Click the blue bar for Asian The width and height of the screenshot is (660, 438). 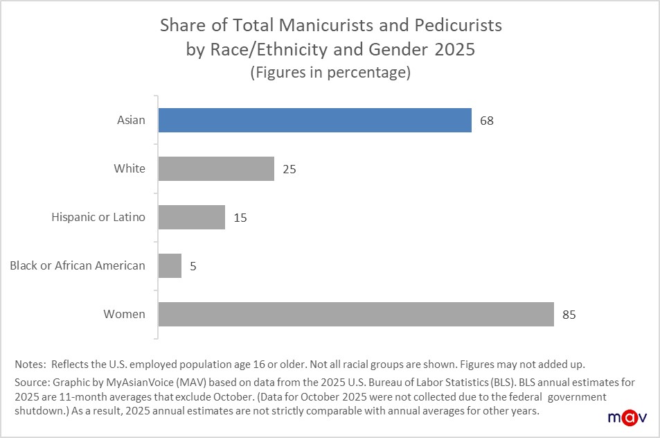pos(314,120)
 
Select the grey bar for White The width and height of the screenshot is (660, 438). pos(216,168)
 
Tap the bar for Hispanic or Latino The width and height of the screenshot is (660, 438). pos(191,217)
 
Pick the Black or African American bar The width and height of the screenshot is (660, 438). pos(170,265)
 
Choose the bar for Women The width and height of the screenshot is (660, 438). pos(356,314)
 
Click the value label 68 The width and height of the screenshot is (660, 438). pos(486,121)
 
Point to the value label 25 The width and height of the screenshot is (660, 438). pos(289,169)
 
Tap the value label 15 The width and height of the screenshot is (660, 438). pos(240,218)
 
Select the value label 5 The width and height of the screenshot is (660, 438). pos(193,266)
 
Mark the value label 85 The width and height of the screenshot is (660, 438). pos(569,315)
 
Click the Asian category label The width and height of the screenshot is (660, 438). pos(131,120)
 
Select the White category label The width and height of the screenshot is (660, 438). pos(130,168)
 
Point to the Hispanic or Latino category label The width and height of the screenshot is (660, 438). pos(98,217)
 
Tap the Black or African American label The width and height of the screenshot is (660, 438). pos(78,265)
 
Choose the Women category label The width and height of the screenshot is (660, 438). pos(125,314)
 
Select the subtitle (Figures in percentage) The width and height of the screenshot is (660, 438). pos(330,73)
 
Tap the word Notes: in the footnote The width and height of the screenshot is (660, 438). pos(30,364)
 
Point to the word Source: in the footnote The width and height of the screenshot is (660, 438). pos(32,383)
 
